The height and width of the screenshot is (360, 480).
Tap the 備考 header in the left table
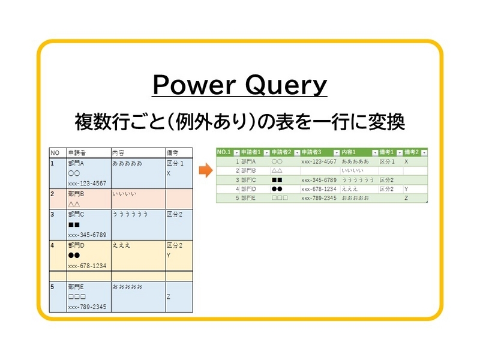(x=172, y=152)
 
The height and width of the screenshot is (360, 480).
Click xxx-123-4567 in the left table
(x=87, y=183)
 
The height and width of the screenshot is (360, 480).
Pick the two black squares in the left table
(x=74, y=224)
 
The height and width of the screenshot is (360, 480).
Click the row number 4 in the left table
(x=52, y=245)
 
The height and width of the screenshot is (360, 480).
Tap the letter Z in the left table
(x=169, y=296)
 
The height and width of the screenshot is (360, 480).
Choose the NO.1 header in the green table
(x=224, y=152)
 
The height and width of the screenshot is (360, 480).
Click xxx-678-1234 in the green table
(x=319, y=188)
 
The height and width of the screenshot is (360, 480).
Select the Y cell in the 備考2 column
(x=407, y=188)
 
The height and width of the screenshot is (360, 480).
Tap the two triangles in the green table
(x=277, y=170)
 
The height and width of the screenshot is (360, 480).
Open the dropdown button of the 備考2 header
(x=424, y=153)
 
